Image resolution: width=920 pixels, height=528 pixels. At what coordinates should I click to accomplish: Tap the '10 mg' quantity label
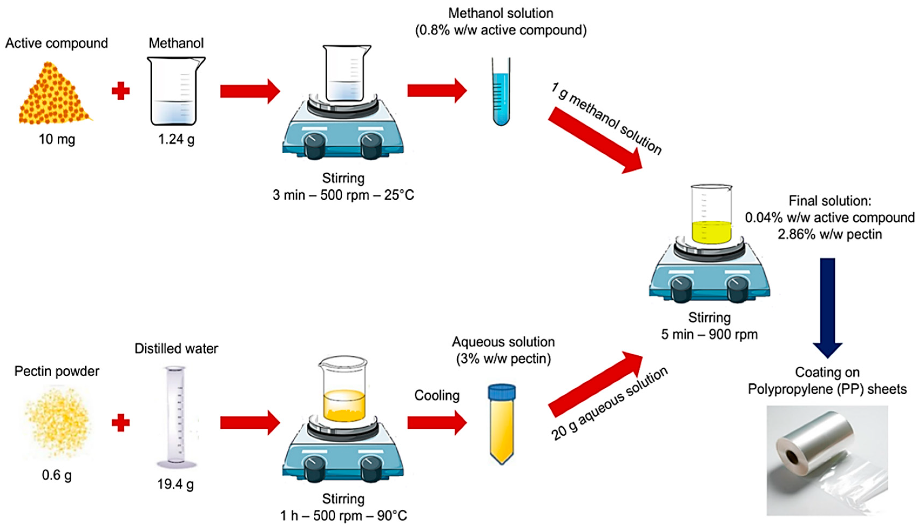(x=57, y=139)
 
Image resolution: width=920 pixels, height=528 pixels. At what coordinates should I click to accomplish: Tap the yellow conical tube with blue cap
(x=502, y=424)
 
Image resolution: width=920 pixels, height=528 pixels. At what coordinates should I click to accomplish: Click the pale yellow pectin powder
(x=57, y=421)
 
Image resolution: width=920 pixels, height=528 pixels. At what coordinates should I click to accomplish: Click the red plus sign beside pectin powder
(x=120, y=423)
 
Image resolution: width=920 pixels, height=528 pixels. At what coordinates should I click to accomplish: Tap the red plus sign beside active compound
(x=120, y=91)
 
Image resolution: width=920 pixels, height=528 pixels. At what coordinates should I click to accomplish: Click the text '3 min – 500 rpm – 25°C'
(x=343, y=195)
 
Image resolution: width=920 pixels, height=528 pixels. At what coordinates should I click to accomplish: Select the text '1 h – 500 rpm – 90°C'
(x=343, y=516)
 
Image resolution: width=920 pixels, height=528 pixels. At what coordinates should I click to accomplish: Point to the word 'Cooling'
(x=437, y=396)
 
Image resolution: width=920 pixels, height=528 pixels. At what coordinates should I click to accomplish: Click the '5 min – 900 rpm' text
(x=709, y=334)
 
